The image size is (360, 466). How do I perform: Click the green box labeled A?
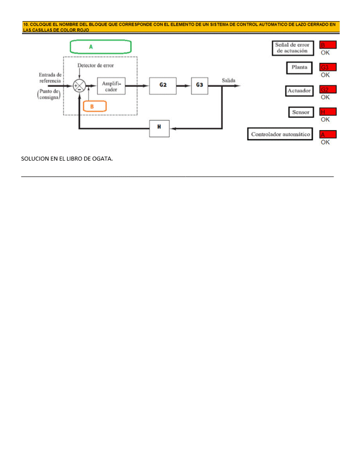pos(101,46)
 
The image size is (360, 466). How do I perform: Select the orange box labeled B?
pos(95,106)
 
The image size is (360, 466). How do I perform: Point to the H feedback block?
pos(159,128)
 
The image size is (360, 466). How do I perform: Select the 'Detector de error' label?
pos(95,66)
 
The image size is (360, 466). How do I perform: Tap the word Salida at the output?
pos(229,81)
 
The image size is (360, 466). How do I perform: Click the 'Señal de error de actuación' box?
pos(292,48)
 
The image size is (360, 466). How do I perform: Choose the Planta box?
pos(299,68)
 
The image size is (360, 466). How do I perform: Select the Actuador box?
pos(299,90)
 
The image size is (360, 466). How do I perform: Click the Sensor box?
pos(300,112)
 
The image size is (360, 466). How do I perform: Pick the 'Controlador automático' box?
pos(280,134)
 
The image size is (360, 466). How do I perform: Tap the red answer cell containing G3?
pos(328,68)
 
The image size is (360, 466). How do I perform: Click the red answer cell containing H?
pos(328,112)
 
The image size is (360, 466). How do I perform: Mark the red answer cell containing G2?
pos(328,90)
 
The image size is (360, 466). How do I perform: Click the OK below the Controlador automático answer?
pos(325,142)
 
